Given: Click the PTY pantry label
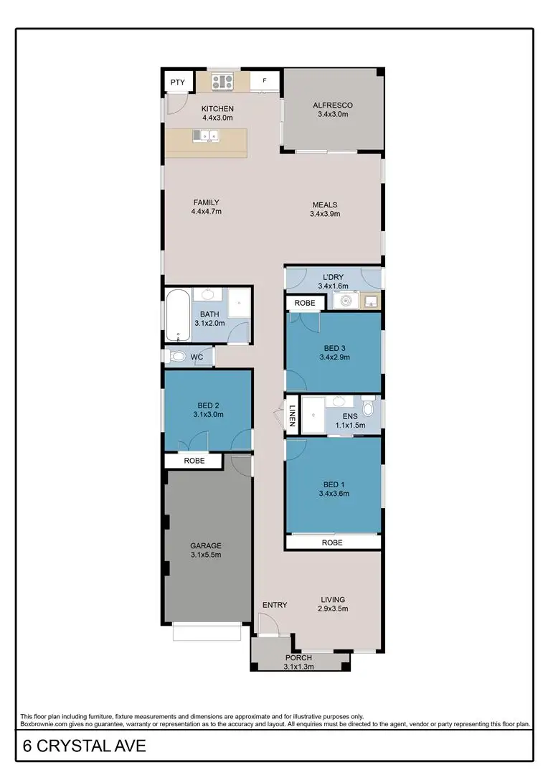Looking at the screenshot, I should (177, 83).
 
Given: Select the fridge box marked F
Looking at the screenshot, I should (264, 81).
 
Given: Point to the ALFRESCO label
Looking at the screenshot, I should (332, 105).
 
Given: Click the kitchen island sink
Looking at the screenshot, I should (209, 134).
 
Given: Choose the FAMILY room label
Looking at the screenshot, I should (206, 202).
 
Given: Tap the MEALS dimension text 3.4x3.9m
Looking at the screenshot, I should (324, 214).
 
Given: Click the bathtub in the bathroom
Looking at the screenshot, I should (176, 316).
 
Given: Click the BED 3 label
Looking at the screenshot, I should (333, 348).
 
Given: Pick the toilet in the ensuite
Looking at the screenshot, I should (368, 408).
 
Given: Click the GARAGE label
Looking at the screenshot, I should (205, 545).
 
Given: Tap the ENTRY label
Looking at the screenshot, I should (275, 605).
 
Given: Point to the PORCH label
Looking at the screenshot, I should (298, 658).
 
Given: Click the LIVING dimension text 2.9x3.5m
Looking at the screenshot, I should (333, 609).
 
